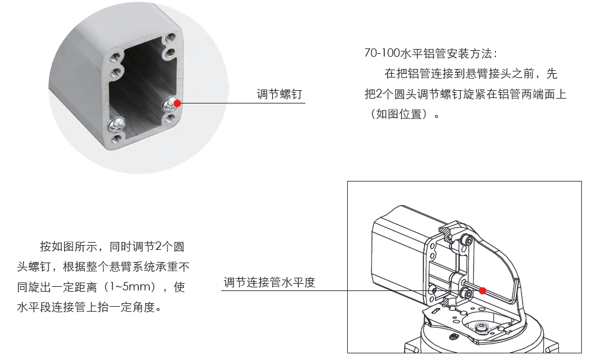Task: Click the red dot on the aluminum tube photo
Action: [x=177, y=103]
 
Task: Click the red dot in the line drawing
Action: [x=482, y=290]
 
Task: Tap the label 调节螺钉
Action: [x=279, y=94]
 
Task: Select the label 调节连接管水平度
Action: [x=269, y=282]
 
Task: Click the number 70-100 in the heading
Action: [x=382, y=53]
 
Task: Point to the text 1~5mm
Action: [x=130, y=286]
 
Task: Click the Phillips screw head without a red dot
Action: [x=117, y=124]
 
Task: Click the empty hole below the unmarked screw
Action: [x=116, y=139]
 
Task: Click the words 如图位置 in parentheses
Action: [x=399, y=114]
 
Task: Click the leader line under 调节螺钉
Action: [x=243, y=103]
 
